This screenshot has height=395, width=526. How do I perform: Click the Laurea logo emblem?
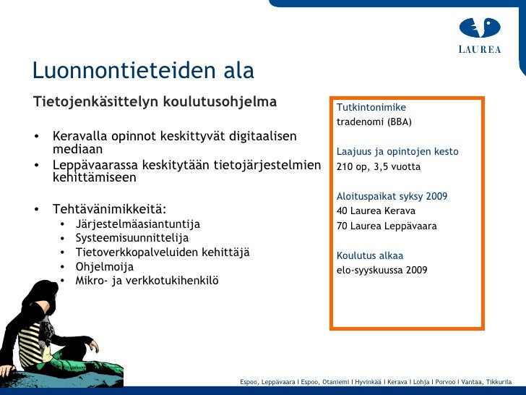click(480, 28)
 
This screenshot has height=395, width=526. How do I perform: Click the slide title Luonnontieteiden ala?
click(143, 71)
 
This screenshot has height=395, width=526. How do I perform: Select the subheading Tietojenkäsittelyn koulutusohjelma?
click(155, 101)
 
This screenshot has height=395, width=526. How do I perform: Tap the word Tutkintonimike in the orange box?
click(371, 108)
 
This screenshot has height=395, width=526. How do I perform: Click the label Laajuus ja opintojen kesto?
click(397, 152)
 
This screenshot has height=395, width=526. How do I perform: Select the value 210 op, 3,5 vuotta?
click(378, 166)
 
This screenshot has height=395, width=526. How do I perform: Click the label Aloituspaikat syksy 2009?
click(392, 196)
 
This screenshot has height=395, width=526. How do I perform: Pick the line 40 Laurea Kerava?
click(376, 211)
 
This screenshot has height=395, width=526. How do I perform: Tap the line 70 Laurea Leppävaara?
click(387, 226)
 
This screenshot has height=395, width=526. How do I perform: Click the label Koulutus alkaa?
click(370, 255)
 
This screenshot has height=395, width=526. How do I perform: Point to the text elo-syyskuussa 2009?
click(381, 270)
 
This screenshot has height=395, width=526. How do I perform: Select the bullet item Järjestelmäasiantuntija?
click(137, 224)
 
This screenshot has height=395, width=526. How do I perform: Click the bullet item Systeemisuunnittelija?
click(131, 237)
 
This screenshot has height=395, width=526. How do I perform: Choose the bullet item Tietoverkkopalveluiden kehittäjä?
click(162, 252)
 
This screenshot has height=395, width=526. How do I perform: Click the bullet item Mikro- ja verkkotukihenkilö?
click(147, 281)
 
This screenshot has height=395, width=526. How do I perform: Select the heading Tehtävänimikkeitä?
click(109, 209)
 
